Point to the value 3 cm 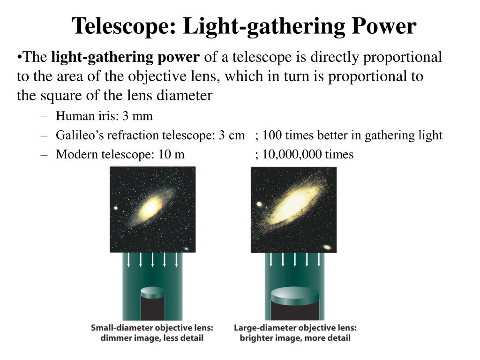pyautogui.click(x=231, y=135)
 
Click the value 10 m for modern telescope pyautogui.click(x=172, y=155)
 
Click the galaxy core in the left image pyautogui.click(x=151, y=207)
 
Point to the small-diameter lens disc pyautogui.click(x=152, y=293)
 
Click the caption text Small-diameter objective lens pyautogui.click(x=152, y=328)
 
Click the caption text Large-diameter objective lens pyautogui.click(x=295, y=328)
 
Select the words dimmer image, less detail pyautogui.click(x=152, y=337)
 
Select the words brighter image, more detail pyautogui.click(x=295, y=337)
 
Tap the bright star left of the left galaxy pyautogui.click(x=115, y=208)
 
